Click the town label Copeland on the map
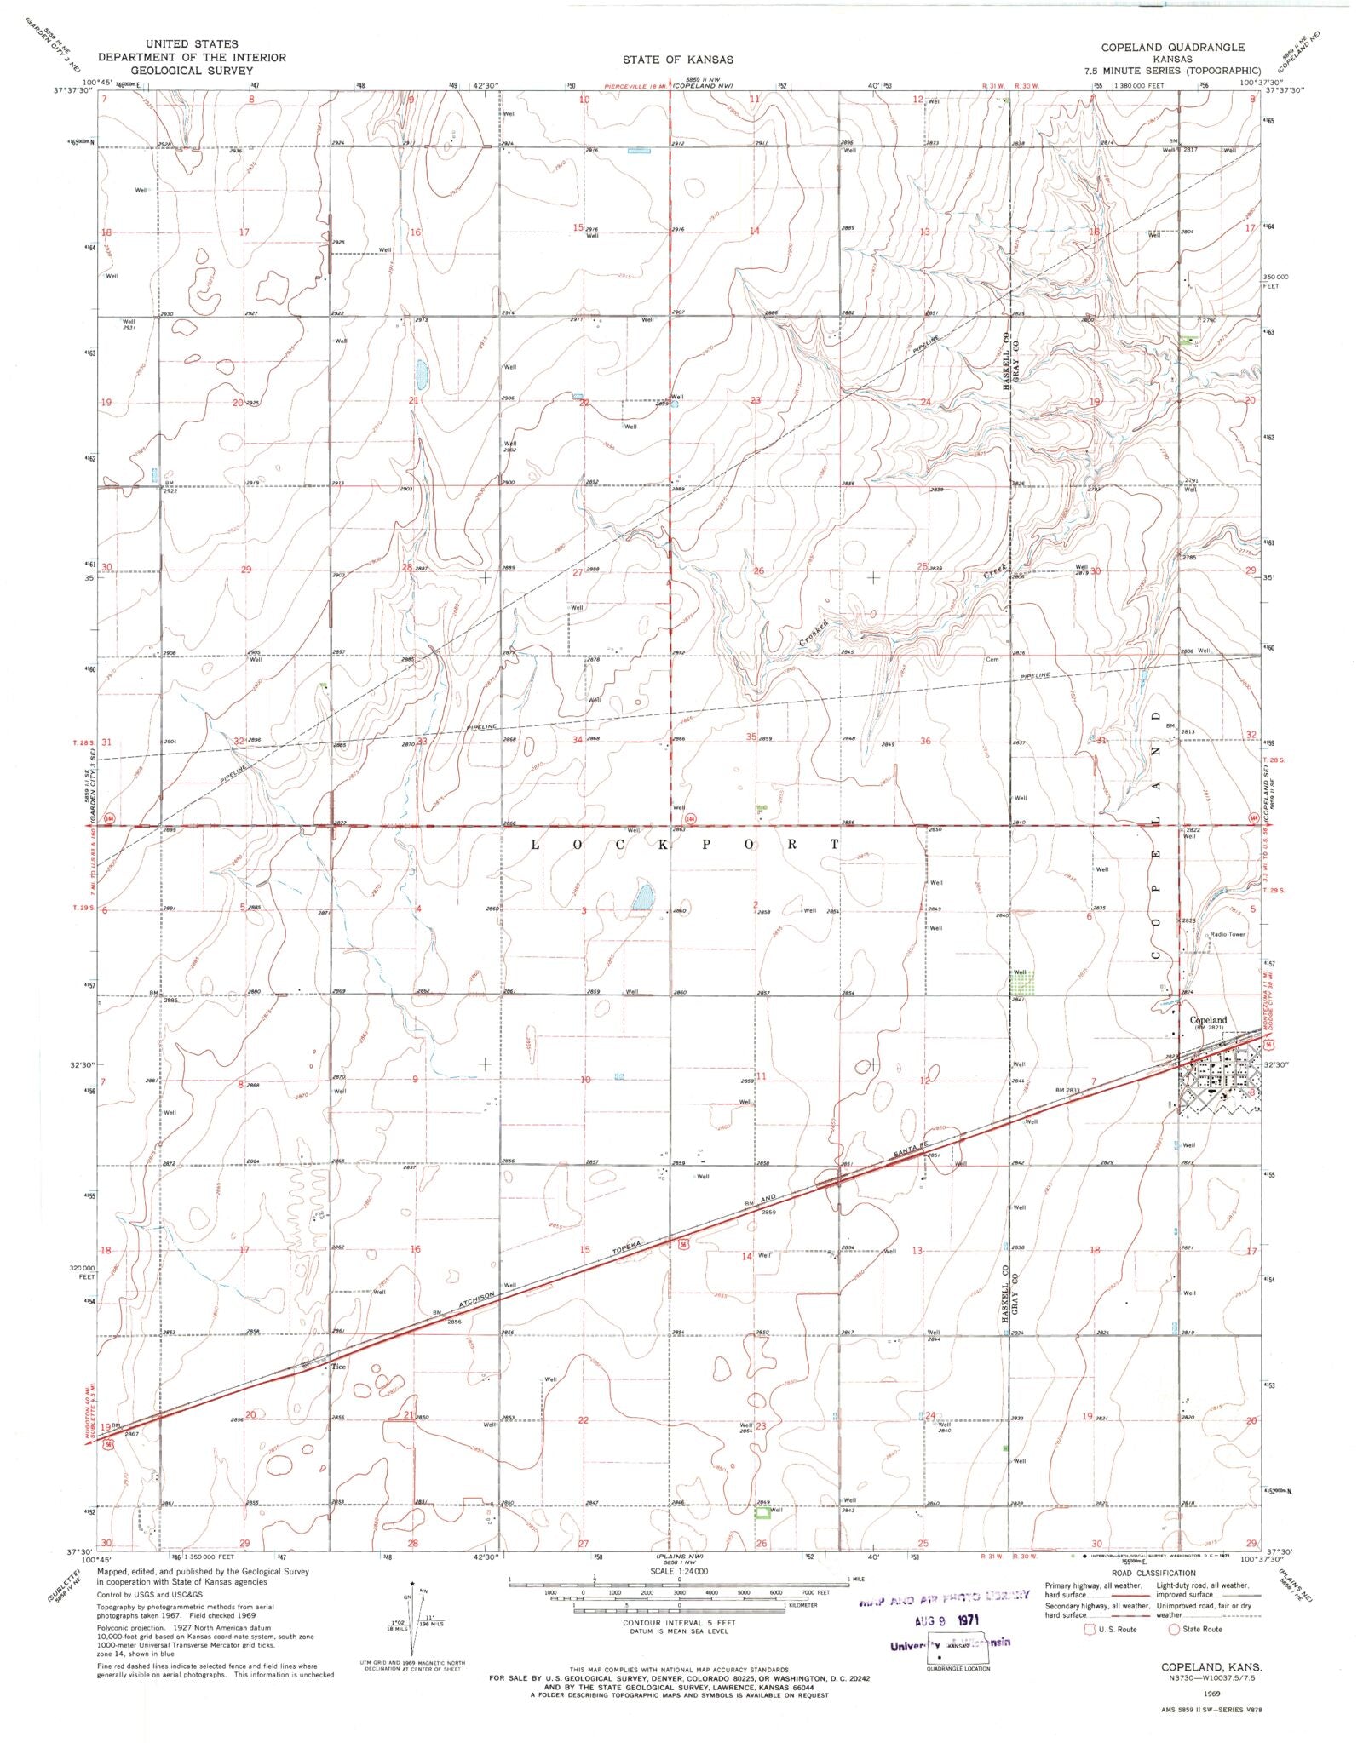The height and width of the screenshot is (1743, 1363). [x=1208, y=1020]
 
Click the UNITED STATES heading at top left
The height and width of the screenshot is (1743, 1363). [x=192, y=43]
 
